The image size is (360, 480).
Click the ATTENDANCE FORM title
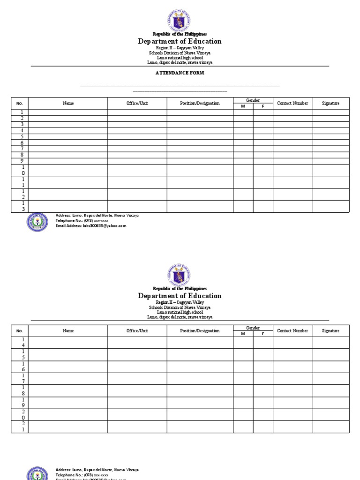tap(180, 73)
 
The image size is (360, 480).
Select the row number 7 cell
tap(20, 149)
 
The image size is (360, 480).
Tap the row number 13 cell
tap(20, 206)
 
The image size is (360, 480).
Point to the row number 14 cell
tap(20, 343)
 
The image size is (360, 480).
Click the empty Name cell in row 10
tap(68, 170)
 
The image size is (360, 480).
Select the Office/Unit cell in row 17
tap(137, 379)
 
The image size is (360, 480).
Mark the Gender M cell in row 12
tap(243, 195)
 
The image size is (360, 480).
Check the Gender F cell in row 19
tap(263, 403)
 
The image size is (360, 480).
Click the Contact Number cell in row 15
tap(293, 355)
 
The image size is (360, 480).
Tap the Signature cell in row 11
tap(331, 182)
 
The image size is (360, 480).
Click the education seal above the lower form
tap(180, 274)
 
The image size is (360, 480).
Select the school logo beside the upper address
tap(37, 222)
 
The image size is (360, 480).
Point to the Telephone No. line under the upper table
tap(82, 220)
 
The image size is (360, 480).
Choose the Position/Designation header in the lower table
tap(200, 331)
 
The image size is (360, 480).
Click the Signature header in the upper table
tap(331, 104)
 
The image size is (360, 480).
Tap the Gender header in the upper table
tap(253, 100)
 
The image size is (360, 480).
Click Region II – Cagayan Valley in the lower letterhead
tap(180, 303)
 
